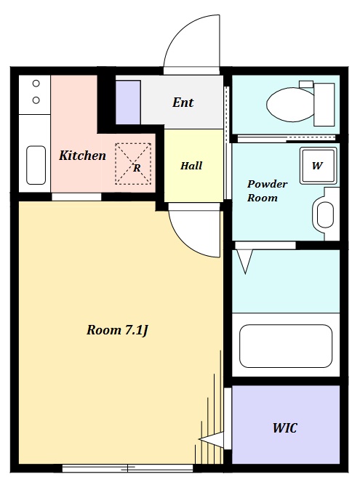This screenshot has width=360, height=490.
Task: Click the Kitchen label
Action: (x=82, y=156)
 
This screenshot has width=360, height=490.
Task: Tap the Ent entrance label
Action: (x=183, y=103)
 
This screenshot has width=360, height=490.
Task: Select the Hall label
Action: (x=191, y=166)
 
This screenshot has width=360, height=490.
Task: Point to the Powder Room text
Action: (x=267, y=190)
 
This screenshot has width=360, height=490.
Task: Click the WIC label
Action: (x=284, y=427)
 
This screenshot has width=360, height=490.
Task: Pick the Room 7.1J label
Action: (x=117, y=330)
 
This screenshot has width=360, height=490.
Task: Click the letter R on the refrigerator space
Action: (x=137, y=168)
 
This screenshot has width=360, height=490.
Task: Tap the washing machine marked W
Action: (x=318, y=165)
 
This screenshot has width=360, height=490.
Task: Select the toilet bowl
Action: (x=291, y=105)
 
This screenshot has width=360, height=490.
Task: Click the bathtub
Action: (x=286, y=345)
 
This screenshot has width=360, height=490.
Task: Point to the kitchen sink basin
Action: (x=36, y=165)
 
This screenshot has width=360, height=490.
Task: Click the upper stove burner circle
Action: (x=36, y=84)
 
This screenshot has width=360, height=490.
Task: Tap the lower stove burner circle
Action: (x=36, y=100)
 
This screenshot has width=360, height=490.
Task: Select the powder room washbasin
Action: (x=325, y=214)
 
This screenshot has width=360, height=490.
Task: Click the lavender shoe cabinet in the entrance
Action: (x=128, y=103)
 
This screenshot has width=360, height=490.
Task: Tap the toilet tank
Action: (x=324, y=105)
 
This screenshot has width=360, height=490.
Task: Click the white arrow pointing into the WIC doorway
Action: (x=211, y=439)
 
